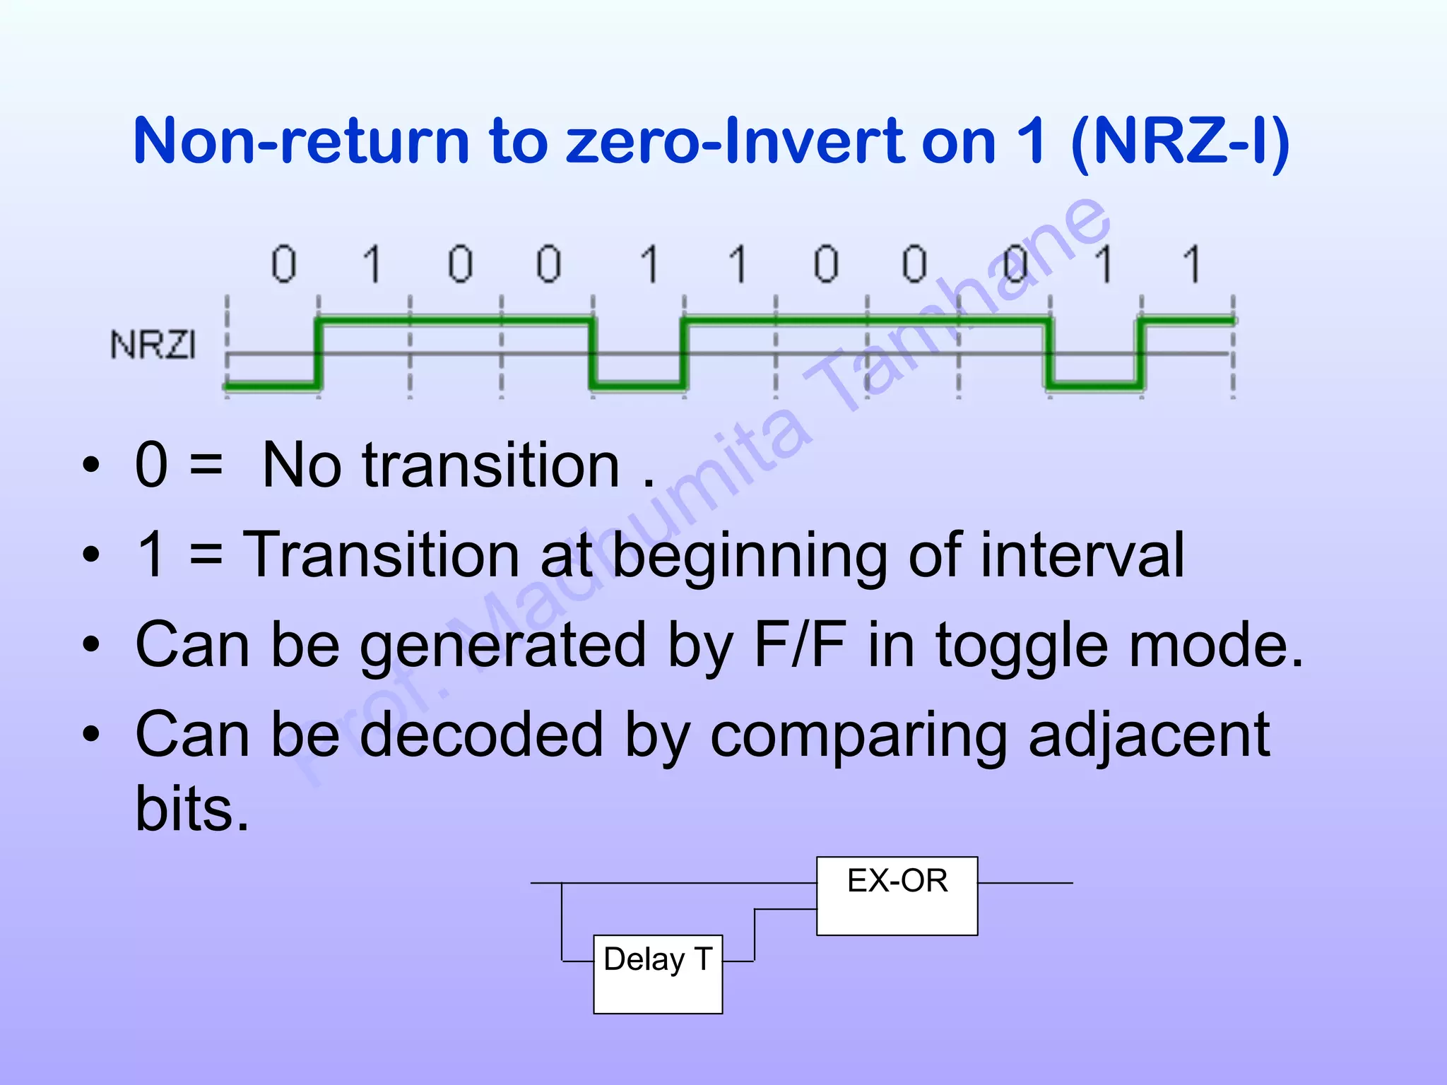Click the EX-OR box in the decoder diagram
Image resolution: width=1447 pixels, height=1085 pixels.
point(897,896)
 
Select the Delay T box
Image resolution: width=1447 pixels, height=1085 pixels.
point(658,973)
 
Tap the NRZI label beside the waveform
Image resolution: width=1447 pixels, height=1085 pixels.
point(153,345)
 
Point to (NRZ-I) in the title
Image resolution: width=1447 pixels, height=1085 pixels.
point(1180,141)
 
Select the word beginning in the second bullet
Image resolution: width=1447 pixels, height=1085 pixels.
point(750,556)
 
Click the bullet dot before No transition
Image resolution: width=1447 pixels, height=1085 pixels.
point(90,466)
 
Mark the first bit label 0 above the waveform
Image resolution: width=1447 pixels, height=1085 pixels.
point(284,264)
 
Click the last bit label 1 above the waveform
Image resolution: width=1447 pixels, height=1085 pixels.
point(1192,264)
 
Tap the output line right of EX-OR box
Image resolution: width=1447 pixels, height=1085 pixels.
point(1024,883)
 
